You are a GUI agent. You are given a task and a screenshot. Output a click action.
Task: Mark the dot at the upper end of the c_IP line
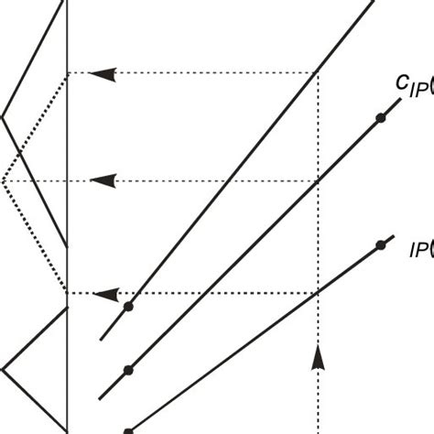pos(378,119)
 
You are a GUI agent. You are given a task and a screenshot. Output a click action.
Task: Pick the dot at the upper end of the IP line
pos(378,244)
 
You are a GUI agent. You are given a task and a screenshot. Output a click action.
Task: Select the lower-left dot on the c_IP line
pos(128,370)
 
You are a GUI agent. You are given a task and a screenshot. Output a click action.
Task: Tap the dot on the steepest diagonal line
pos(128,307)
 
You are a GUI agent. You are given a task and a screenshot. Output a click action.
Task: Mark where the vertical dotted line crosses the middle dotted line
pos(318,181)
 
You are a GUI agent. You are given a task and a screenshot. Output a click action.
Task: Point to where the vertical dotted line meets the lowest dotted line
pos(318,294)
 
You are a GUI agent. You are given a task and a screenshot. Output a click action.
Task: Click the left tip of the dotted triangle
pos(3,181)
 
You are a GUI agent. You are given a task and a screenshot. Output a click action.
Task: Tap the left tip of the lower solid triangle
pos(3,369)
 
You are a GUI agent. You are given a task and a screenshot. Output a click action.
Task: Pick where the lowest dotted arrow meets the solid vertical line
pos(68,294)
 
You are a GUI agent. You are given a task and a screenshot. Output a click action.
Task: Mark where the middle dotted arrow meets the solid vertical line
pos(68,181)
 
